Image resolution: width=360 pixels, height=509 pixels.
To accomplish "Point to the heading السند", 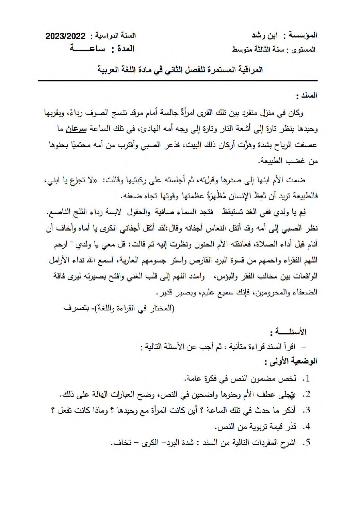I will [x=307, y=96].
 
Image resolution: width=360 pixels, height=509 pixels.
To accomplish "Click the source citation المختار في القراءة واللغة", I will [x=136, y=308].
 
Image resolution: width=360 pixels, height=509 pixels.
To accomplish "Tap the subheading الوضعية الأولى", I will [x=291, y=362].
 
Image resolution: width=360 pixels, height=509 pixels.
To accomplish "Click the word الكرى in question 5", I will [x=149, y=442].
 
